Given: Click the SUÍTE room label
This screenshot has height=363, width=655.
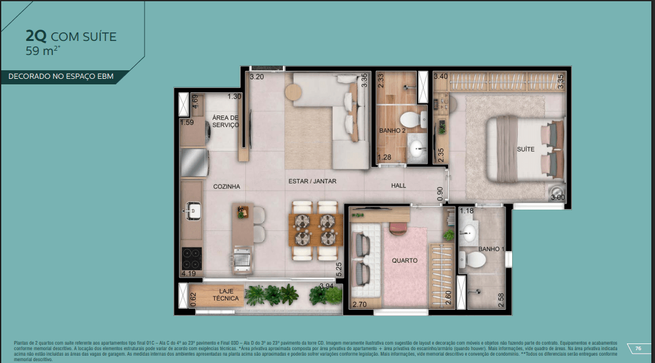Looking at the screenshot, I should coord(525,148).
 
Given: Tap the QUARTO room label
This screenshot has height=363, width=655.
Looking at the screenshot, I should coord(405,260).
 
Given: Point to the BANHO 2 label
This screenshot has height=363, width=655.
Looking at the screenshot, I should coord(392,131).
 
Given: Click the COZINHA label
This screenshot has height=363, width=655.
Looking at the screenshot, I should coord(226,186).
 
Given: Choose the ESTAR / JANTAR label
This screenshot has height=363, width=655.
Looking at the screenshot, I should coord(312,182).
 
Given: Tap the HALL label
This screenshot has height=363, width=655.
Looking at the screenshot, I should coord(399,186).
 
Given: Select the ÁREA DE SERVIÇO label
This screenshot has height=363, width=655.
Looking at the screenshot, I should coord(225,121).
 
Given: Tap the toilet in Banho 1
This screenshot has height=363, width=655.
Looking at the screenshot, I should coord(474,260).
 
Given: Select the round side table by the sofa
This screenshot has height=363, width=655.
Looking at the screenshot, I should coord(293,92).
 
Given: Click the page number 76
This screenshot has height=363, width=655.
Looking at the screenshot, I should coord(638,348).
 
